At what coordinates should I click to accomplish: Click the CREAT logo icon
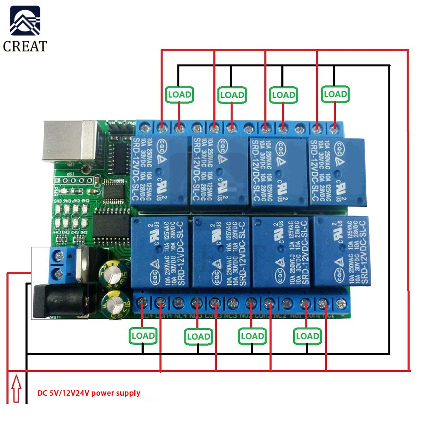(25, 21)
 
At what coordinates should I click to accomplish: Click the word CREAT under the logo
(25, 45)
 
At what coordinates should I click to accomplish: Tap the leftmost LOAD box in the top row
(179, 94)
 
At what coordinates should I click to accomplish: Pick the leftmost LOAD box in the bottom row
(143, 336)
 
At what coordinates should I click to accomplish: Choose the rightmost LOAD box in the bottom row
(307, 336)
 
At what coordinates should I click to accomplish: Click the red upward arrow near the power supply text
(16, 388)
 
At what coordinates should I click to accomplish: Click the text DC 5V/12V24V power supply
(88, 393)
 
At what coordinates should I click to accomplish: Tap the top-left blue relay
(159, 170)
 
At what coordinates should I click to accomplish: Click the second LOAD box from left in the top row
(232, 94)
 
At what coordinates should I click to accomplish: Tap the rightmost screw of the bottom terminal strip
(340, 303)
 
